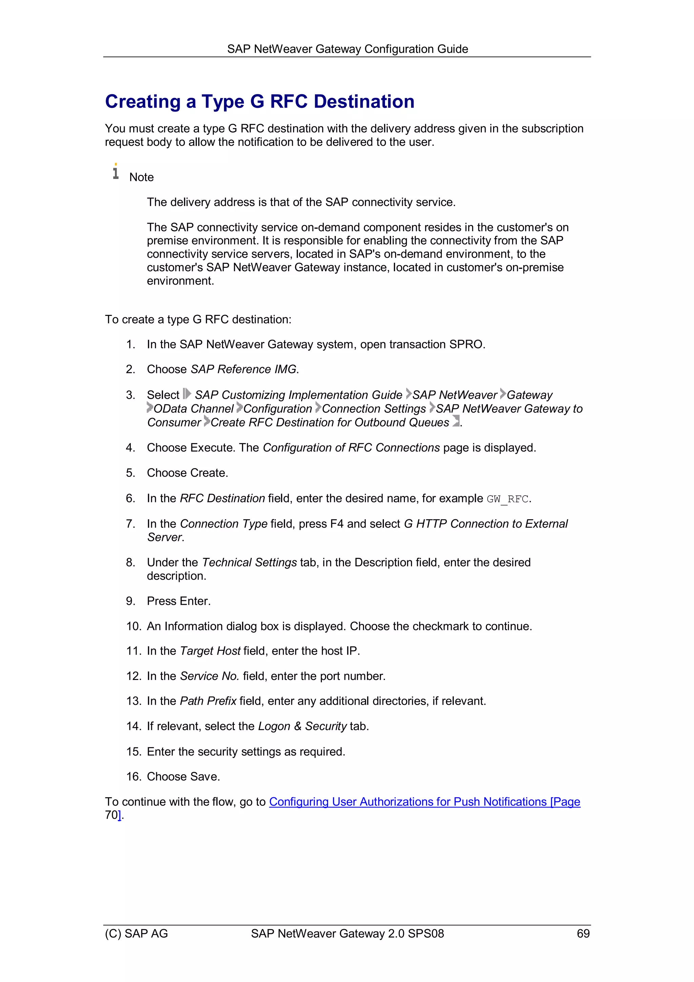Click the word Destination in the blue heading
364,102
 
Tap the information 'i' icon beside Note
116,172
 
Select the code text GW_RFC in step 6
508,499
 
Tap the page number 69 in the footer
583,934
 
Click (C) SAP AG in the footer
137,934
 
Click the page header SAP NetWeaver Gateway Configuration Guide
347,49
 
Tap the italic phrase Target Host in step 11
210,651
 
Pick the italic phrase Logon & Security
302,726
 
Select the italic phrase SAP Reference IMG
243,369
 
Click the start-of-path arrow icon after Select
187,394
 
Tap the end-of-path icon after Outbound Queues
456,421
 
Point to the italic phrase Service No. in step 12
209,676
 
